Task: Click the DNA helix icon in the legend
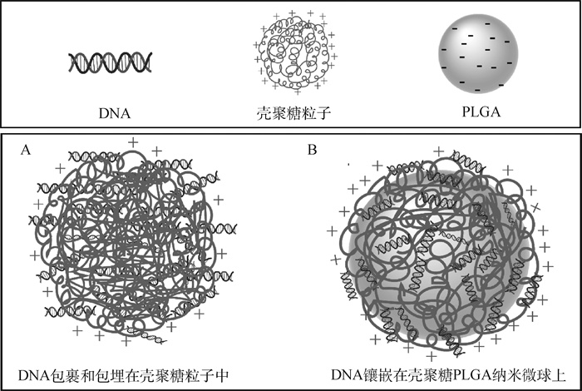[111, 62]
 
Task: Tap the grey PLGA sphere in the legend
[476, 55]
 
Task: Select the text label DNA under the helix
[112, 110]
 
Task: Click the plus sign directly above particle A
[132, 143]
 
